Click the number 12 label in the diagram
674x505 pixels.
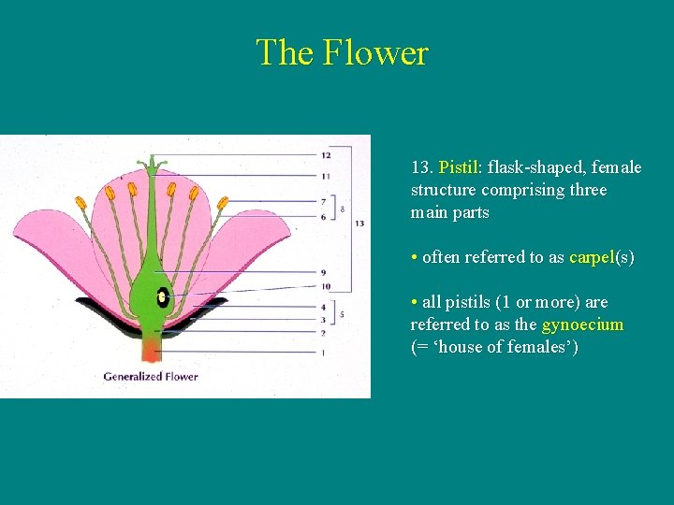pyautogui.click(x=326, y=155)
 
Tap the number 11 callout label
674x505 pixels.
pyautogui.click(x=326, y=176)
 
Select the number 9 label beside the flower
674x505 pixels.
pyautogui.click(x=323, y=272)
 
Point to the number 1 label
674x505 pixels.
pyautogui.click(x=323, y=353)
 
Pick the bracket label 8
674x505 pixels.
pyautogui.click(x=343, y=209)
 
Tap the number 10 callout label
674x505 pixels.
pyautogui.click(x=325, y=286)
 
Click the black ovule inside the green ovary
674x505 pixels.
pyautogui.click(x=163, y=297)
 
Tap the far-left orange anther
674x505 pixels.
pyautogui.click(x=81, y=202)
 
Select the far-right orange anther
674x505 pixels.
pyautogui.click(x=222, y=202)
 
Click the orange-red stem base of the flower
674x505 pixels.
pyautogui.click(x=151, y=351)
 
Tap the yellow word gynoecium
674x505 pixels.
pyautogui.click(x=582, y=325)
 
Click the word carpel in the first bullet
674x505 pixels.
pyautogui.click(x=590, y=257)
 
